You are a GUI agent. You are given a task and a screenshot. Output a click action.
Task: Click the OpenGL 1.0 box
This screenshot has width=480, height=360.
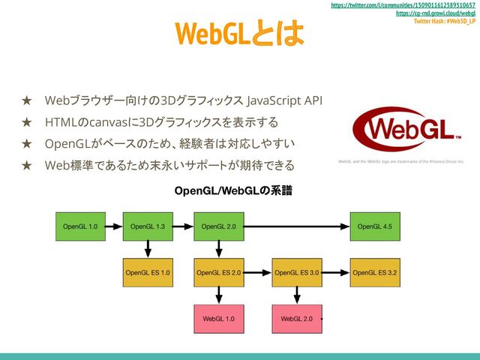(x=80, y=226)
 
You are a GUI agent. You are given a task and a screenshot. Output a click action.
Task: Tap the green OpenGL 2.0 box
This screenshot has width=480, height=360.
(x=218, y=226)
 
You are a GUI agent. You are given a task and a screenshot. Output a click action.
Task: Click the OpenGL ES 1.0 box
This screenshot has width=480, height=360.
(x=148, y=273)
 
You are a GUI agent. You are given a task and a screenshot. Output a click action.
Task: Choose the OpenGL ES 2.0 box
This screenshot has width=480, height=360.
(x=218, y=273)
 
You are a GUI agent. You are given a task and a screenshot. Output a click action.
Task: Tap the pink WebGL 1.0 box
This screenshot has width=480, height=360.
(x=218, y=319)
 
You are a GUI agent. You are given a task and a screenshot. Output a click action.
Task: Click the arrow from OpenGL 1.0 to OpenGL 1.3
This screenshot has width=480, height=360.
(x=113, y=226)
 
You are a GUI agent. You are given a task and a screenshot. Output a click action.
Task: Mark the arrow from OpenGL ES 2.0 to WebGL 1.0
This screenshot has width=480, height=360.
(x=218, y=296)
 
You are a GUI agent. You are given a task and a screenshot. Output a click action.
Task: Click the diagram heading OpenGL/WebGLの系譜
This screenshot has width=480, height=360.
(x=232, y=192)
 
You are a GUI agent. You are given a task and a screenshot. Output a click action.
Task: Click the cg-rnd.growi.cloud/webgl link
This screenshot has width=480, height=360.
(x=435, y=13)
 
